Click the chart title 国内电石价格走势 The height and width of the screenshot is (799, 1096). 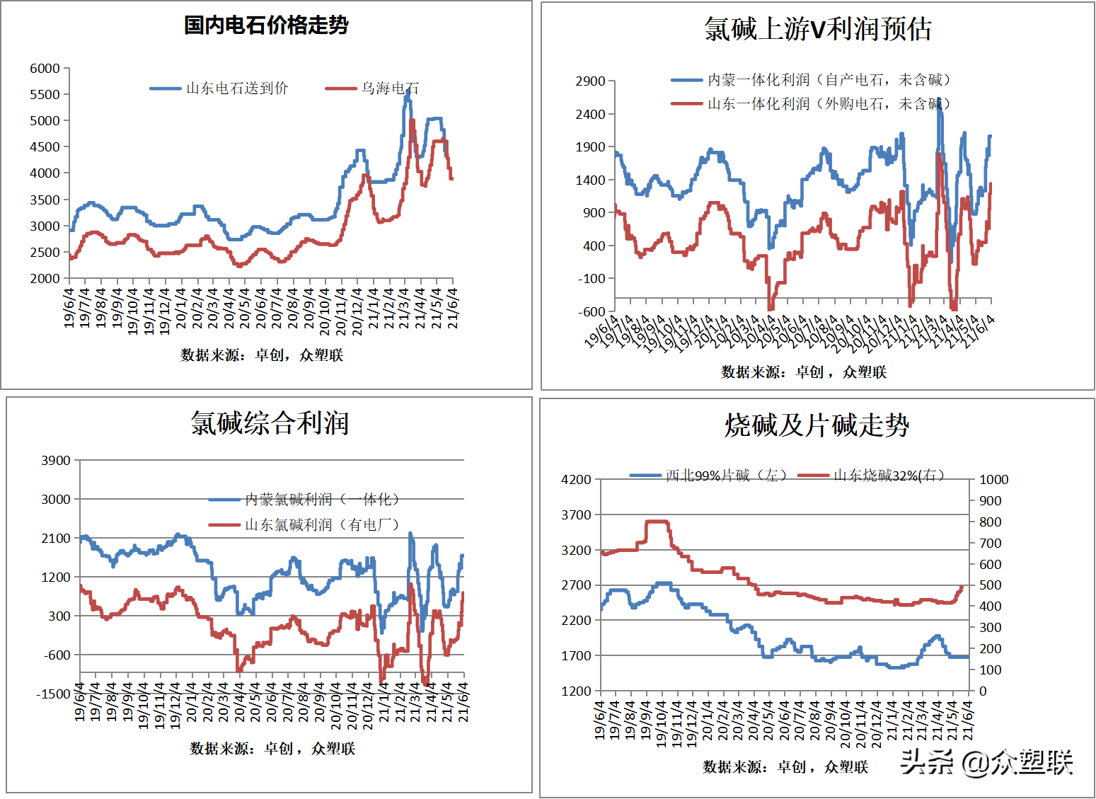(x=266, y=25)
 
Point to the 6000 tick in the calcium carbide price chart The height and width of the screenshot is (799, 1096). (x=45, y=69)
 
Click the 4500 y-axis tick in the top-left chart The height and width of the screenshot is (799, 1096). (x=45, y=147)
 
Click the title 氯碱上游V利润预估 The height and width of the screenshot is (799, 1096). (x=818, y=30)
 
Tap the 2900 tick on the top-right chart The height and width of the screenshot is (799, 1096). (x=590, y=81)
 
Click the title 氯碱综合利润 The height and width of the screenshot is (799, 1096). (x=270, y=423)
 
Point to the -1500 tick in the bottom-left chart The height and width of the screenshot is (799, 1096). (x=54, y=694)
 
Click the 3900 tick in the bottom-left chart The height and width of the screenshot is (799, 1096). (x=56, y=461)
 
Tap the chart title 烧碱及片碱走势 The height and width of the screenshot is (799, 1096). (x=817, y=425)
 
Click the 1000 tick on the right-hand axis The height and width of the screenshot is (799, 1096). (x=993, y=480)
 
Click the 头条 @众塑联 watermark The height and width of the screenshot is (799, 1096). (x=986, y=762)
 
